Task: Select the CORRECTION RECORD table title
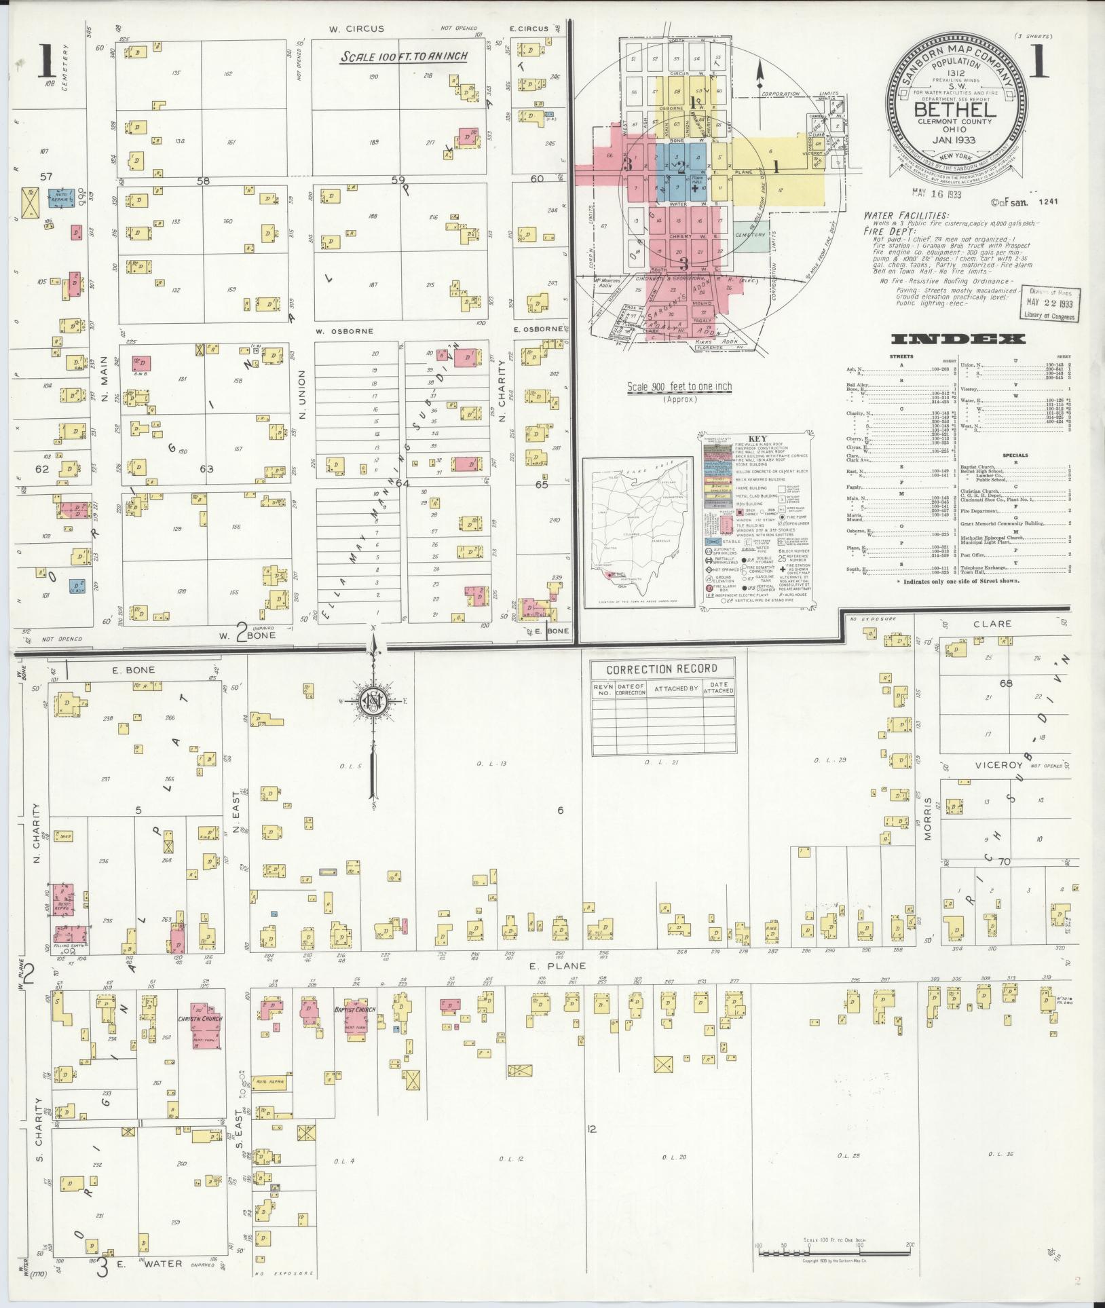662,669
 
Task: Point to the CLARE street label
992,624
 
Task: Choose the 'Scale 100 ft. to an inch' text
404,56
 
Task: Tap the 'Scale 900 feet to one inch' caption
679,387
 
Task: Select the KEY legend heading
757,438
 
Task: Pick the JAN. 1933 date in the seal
954,140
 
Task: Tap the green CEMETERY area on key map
749,234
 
